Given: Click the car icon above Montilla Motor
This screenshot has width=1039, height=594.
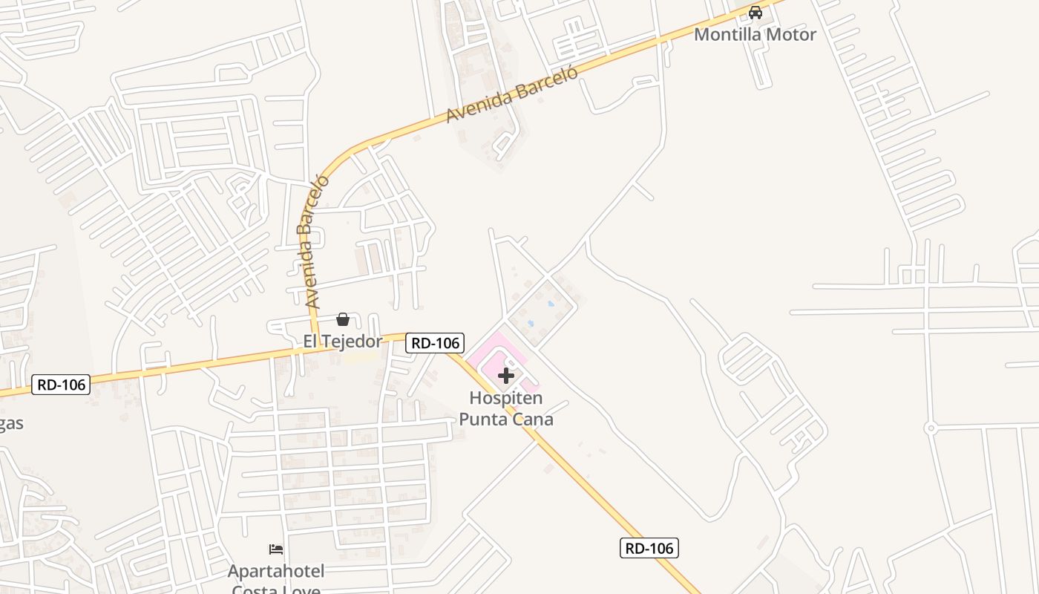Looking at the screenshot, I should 755,13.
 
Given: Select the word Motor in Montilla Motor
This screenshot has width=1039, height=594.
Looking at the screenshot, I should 791,34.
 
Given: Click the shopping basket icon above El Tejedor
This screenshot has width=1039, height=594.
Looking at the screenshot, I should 343,319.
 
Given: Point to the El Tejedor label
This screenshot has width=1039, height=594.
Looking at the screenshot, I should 342,342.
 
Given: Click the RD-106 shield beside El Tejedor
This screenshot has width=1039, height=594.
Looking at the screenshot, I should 435,342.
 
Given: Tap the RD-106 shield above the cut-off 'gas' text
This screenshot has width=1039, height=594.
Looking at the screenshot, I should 61,384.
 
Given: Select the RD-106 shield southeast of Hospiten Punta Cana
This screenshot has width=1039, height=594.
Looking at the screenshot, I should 649,548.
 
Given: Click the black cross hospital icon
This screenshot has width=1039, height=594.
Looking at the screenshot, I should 506,376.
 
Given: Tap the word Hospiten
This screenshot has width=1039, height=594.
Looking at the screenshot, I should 506,398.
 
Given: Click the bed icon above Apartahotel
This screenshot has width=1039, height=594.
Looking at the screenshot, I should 276,549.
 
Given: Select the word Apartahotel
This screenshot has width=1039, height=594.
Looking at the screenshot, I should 276,571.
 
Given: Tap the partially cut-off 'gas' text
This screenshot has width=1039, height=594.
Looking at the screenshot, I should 11,424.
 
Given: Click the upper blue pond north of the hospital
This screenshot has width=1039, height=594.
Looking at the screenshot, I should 550,303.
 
